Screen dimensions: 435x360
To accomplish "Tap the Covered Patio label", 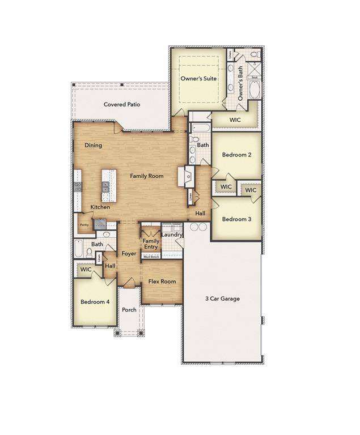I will pos(122,104).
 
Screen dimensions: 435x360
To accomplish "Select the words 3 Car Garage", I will pos(222,298).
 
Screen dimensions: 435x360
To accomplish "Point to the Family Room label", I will pos(147,176).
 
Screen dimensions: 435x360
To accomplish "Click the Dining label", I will pos(94,146).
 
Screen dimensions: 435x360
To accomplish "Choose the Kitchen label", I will pos(100,207).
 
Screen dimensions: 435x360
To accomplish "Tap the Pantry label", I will pos(84,225).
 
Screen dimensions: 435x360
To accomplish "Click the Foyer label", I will pos(129,254).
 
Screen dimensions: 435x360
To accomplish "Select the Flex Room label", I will pos(162,282).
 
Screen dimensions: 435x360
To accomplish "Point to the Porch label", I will pos(129,310).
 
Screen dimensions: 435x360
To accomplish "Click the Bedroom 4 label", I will pos(95,302).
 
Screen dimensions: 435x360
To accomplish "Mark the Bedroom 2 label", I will pos(236,155).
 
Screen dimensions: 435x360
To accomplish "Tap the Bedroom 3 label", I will pos(236,219).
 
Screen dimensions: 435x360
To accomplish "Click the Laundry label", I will pos(171,234).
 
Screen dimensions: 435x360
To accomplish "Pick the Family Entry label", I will pos(151,244).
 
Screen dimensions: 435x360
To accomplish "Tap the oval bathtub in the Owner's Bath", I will pos(255,91).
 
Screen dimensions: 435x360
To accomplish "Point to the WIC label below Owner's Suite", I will pos(235,120).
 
